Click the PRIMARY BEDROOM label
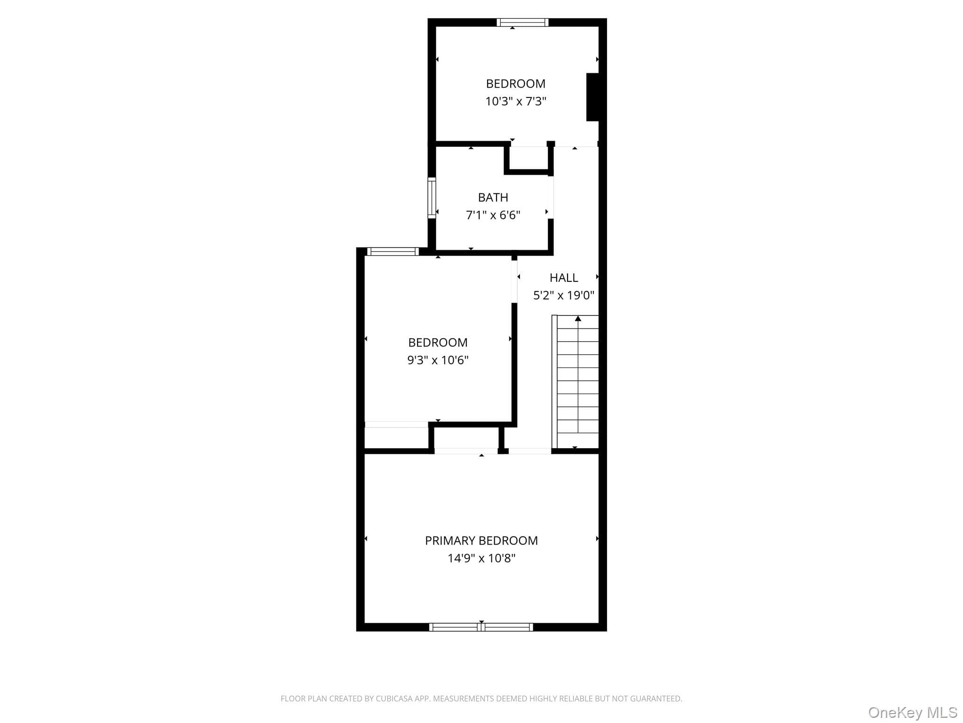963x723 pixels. point(481,540)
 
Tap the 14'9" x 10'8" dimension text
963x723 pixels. point(481,558)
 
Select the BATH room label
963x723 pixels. point(493,197)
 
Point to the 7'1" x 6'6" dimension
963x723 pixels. point(493,215)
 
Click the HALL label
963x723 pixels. point(564,278)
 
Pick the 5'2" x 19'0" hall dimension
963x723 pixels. point(564,295)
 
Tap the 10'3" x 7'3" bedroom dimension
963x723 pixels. point(516,101)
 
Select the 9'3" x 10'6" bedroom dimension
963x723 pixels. point(438,360)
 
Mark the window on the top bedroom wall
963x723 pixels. point(522,22)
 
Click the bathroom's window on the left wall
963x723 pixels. point(432,198)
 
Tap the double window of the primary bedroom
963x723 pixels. point(481,627)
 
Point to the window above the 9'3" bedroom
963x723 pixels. point(393,251)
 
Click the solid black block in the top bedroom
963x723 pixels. point(592,97)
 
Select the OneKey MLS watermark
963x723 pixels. point(913,712)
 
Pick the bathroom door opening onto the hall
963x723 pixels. point(551,197)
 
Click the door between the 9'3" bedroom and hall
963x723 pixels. point(514,281)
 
